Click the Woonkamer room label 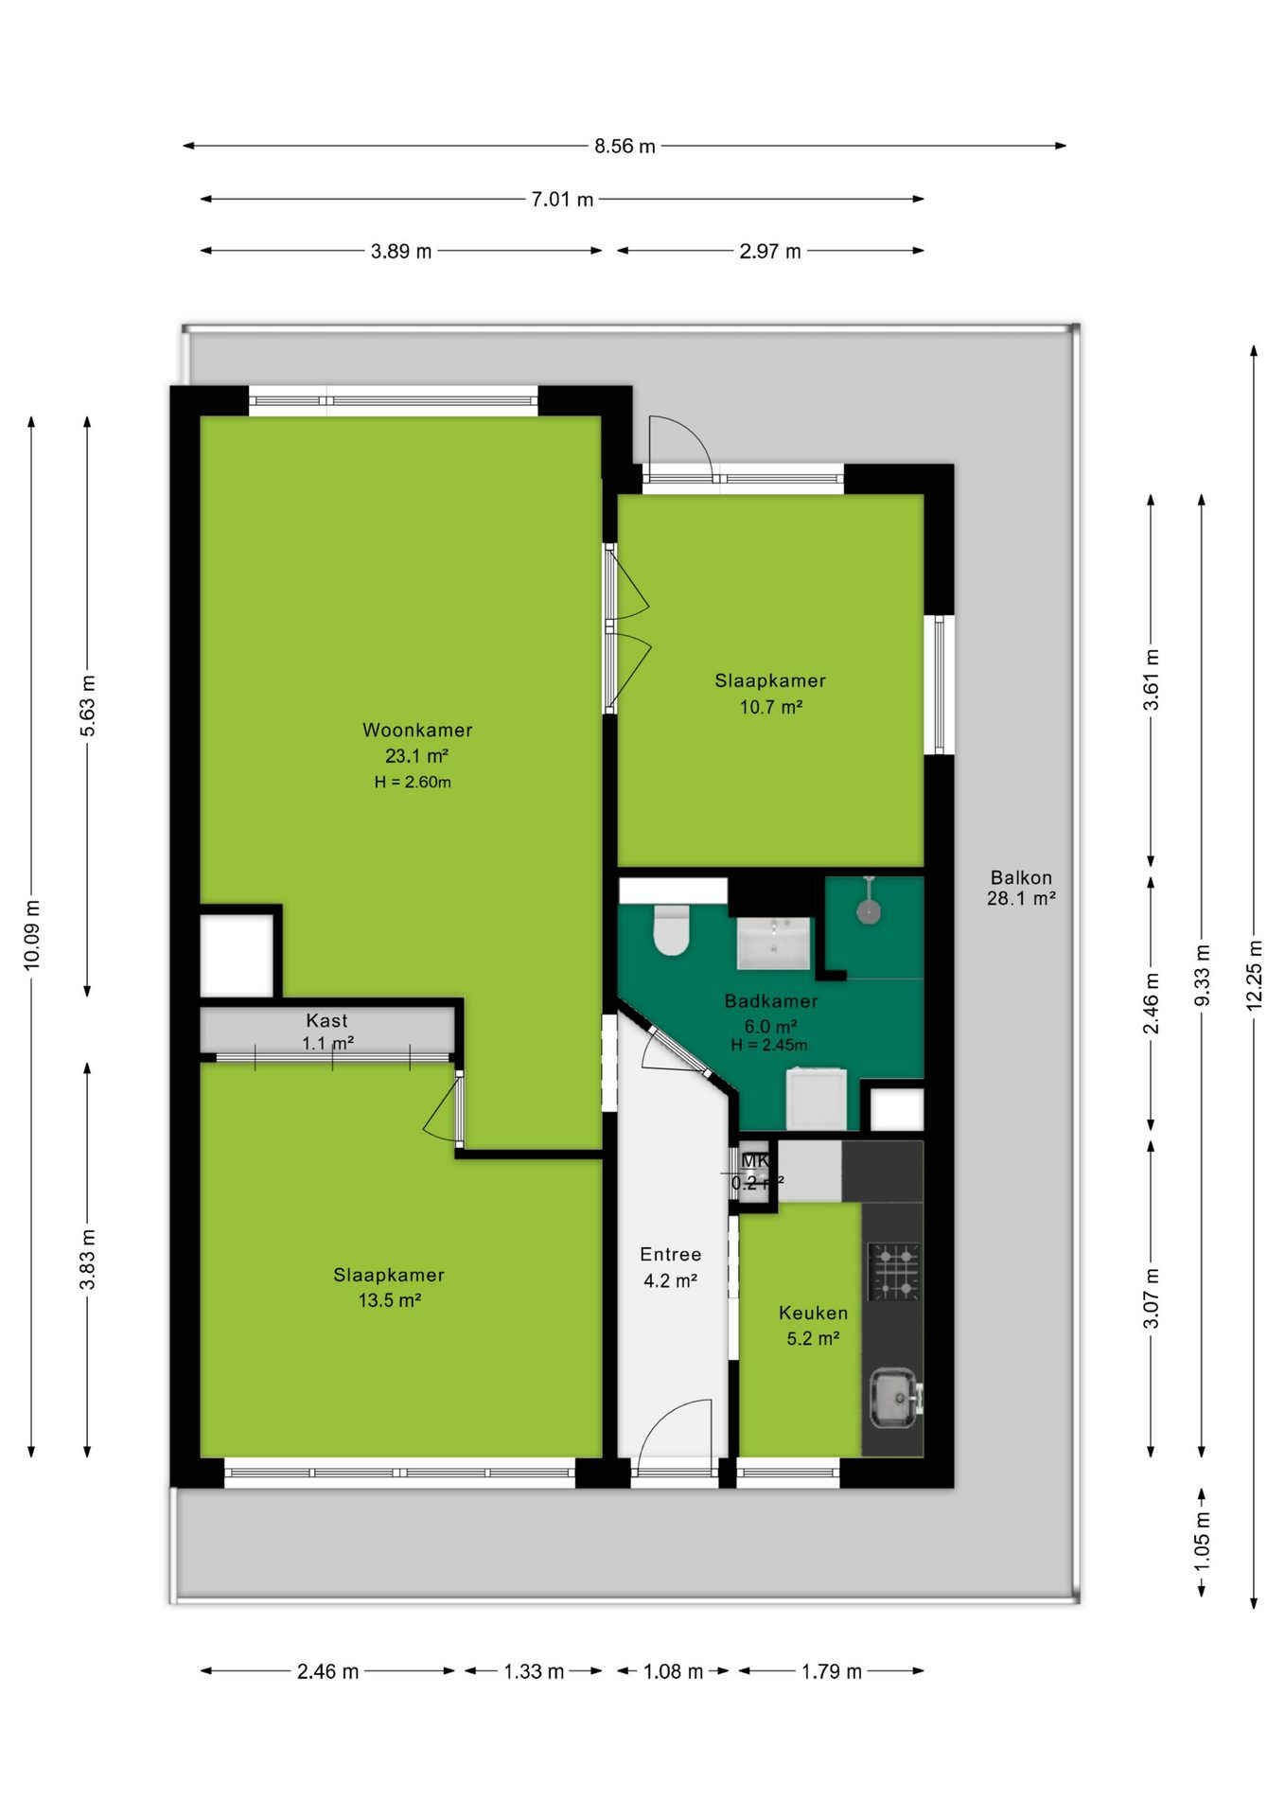tap(417, 730)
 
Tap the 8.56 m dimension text tap(625, 146)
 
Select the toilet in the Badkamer tap(672, 931)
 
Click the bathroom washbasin tap(774, 943)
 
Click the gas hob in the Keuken tap(894, 1272)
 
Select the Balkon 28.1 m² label tap(1021, 888)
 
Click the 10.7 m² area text tap(771, 707)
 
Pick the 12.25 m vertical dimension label tap(1254, 976)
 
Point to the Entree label tap(671, 1254)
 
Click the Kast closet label tap(326, 1020)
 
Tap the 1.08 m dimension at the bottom tap(673, 1671)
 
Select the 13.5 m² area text tap(389, 1300)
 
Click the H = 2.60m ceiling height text tap(413, 782)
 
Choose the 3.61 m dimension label tap(1151, 679)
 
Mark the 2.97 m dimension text tap(770, 251)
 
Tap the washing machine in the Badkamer tap(817, 1098)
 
